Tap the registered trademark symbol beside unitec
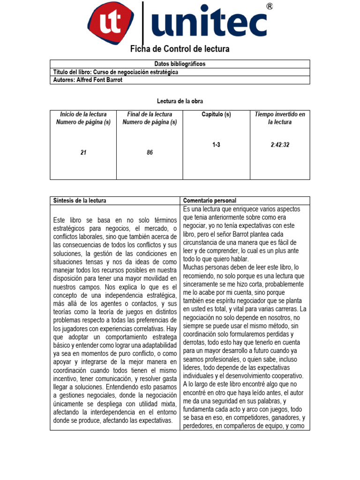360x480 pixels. click(x=270, y=6)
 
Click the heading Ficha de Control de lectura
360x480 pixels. click(x=180, y=49)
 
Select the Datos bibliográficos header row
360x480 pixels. click(x=180, y=64)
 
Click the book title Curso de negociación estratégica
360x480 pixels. click(x=136, y=72)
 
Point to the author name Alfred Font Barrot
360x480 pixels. click(x=107, y=80)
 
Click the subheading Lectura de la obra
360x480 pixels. click(x=180, y=101)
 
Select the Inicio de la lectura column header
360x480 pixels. click(x=83, y=118)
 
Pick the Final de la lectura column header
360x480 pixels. click(x=150, y=118)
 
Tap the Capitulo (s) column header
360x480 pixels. click(x=216, y=114)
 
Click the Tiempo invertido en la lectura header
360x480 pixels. click(x=280, y=118)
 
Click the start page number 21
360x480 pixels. click(x=83, y=152)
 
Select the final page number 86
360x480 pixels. click(x=150, y=152)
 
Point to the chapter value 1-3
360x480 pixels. click(x=216, y=145)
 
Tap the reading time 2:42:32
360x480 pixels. click(x=280, y=145)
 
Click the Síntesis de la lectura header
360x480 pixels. click(x=80, y=201)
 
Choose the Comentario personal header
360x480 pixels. click(x=210, y=201)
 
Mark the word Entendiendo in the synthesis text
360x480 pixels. click(x=125, y=387)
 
